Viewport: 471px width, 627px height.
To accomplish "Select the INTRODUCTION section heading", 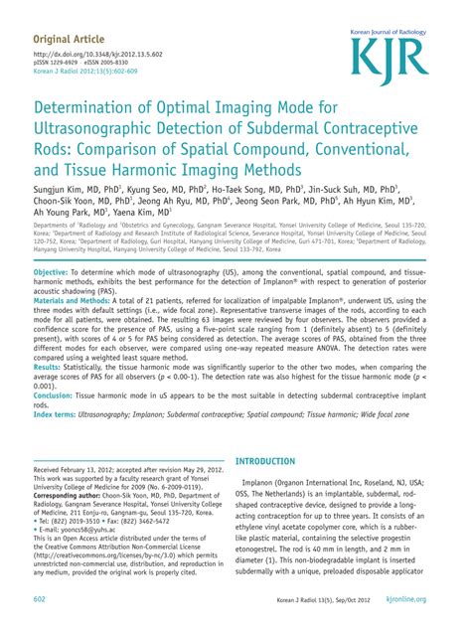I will coord(273,463).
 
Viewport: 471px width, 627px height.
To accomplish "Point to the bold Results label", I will coord(52,338).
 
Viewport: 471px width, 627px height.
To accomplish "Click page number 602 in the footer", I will coord(41,599).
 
